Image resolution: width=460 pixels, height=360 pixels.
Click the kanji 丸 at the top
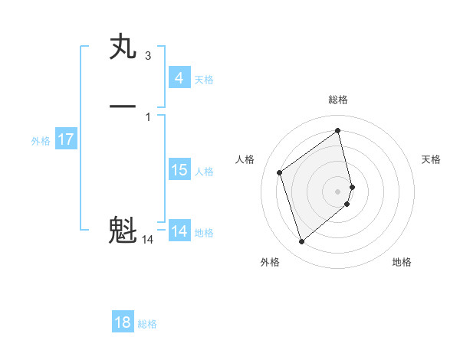[x=123, y=48]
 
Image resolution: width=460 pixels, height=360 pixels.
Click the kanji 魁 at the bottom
[x=123, y=230]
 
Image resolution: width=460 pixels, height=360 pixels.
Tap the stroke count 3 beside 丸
[x=148, y=56]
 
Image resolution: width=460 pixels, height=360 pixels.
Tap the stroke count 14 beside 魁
[x=148, y=240]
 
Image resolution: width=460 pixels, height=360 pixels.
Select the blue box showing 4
[x=179, y=78]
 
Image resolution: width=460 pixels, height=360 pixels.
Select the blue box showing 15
[x=179, y=170]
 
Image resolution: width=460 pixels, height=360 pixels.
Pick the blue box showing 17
[x=65, y=139]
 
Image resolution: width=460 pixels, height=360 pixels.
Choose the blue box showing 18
[x=123, y=322]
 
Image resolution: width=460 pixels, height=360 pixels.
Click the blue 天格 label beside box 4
[x=204, y=80]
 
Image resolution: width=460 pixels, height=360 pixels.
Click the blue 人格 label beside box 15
[x=205, y=172]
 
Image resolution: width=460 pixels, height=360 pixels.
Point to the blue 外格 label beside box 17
[x=41, y=141]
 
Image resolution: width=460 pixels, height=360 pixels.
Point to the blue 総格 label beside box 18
[x=147, y=324]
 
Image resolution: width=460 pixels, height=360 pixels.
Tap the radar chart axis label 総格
[x=338, y=100]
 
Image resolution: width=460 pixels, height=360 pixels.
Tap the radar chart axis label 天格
[x=432, y=159]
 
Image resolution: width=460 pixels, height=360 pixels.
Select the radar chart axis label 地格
[x=402, y=262]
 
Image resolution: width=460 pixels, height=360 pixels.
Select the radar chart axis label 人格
[x=245, y=159]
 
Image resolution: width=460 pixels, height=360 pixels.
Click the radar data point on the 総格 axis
[x=338, y=131]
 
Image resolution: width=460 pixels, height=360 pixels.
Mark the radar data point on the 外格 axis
[x=301, y=242]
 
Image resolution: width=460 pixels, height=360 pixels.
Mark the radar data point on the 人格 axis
[x=280, y=172]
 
